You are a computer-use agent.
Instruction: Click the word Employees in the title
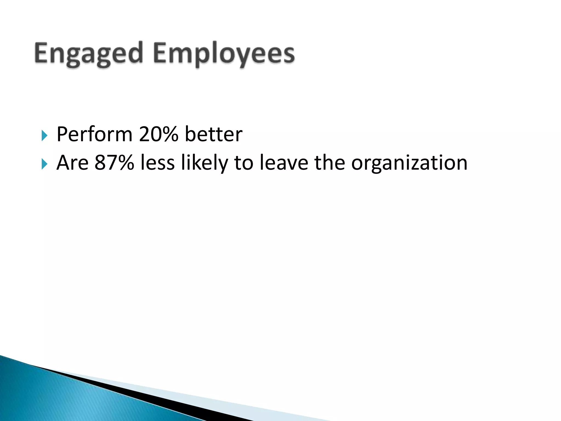pyautogui.click(x=224, y=53)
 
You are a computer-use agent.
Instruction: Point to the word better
pyautogui.click(x=213, y=134)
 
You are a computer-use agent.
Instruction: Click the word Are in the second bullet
pyautogui.click(x=72, y=163)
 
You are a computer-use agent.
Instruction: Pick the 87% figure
pyautogui.click(x=114, y=163)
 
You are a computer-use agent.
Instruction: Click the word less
pyautogui.click(x=158, y=163)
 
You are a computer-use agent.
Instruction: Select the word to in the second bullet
pyautogui.click(x=244, y=163)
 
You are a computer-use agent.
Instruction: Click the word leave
pyautogui.click(x=284, y=163)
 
